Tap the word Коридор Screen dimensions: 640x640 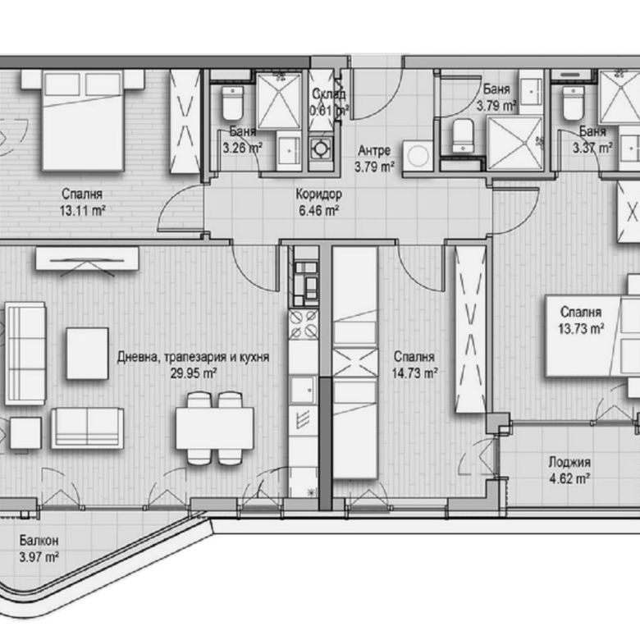tap(318, 194)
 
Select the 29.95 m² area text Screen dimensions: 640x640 tap(194, 373)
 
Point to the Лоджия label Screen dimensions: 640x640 tap(570, 462)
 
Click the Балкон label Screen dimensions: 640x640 tap(39, 542)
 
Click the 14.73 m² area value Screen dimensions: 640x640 tap(414, 372)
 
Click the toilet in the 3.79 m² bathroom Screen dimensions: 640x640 tap(463, 135)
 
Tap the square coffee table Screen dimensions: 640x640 tap(87, 354)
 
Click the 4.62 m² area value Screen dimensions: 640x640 tap(570, 477)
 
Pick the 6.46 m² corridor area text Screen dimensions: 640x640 tap(319, 210)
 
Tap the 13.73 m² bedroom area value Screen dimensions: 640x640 tap(582, 327)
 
